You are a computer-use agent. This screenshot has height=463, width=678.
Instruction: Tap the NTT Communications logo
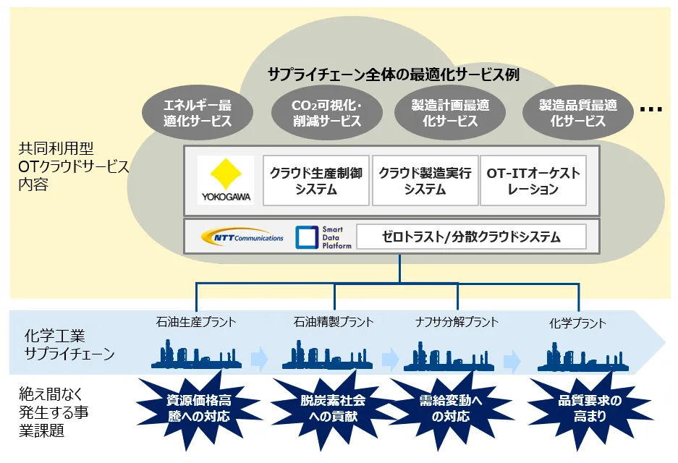(239, 237)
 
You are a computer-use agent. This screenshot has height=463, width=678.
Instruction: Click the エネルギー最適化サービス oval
(198, 114)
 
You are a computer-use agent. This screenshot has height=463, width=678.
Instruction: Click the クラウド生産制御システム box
(315, 181)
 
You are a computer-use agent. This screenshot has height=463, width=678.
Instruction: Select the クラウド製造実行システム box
(425, 181)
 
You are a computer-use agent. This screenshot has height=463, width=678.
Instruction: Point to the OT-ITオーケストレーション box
(533, 181)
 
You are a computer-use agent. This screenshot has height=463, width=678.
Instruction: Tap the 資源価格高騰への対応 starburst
(198, 409)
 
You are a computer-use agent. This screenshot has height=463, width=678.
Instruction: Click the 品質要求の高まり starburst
(579, 409)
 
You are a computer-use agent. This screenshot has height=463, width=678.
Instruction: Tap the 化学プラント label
(577, 323)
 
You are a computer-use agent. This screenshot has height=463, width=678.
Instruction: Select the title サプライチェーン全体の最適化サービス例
(394, 74)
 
